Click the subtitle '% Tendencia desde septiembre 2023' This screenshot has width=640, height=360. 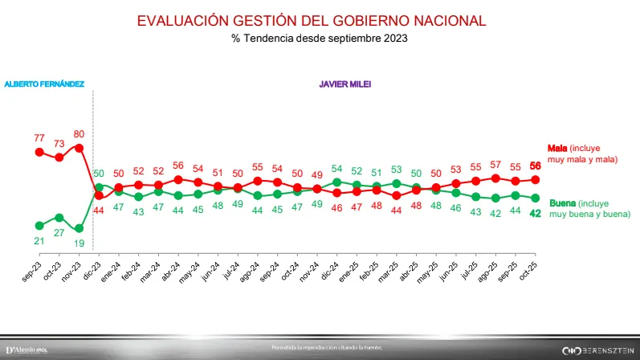320,38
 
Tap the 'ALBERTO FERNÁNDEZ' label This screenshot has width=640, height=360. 44,84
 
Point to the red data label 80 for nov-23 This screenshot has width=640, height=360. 79,133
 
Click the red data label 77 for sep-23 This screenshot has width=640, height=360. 39,138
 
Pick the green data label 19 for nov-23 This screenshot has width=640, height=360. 79,242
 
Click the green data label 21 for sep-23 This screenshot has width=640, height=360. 39,240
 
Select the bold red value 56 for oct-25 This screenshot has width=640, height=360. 535,166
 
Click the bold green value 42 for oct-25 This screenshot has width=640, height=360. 535,213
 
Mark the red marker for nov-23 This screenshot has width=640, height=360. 79,147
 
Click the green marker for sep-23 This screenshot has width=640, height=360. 39,225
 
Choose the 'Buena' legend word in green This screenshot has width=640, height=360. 562,204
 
